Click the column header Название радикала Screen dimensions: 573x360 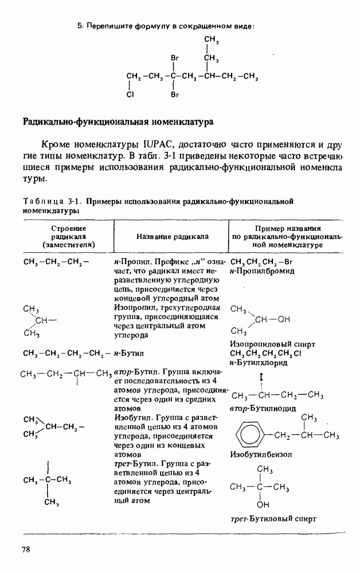173,236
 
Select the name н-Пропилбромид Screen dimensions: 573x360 262,271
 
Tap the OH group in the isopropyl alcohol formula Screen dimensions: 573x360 284,320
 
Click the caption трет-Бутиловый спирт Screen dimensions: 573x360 273,519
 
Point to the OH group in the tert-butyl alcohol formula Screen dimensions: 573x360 263,505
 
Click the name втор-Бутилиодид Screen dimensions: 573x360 263,408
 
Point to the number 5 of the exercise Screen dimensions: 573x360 80,26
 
